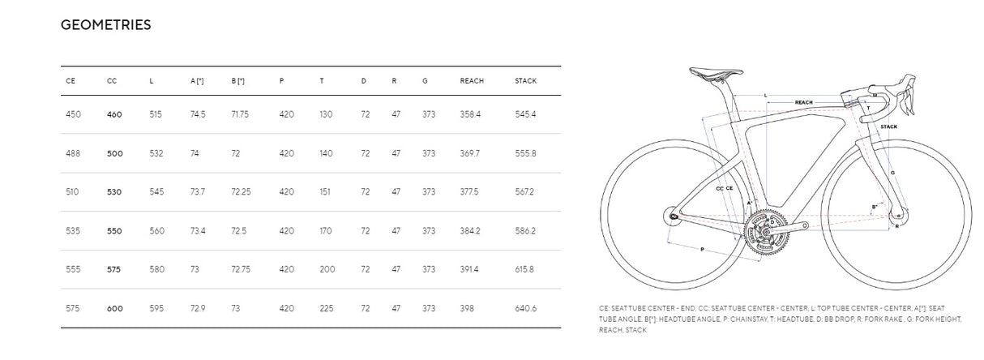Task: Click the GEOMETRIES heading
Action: coord(106,24)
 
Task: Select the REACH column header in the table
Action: coord(472,81)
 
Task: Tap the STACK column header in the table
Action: coord(526,81)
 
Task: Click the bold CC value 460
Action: coord(114,114)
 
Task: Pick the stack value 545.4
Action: coord(525,114)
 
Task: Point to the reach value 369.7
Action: coord(470,153)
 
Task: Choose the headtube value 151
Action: coord(325,191)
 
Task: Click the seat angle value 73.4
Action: coord(198,231)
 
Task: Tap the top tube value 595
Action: coord(156,308)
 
